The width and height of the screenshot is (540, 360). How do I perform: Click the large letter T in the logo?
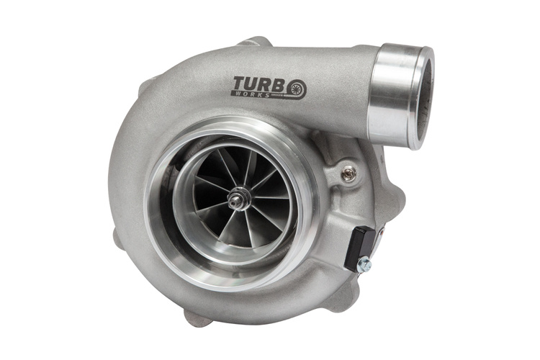point(241,84)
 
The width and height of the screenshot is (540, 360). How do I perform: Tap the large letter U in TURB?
point(256,84)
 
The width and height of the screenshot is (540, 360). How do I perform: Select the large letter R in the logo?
point(270,85)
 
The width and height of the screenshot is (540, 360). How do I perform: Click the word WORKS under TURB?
point(250,94)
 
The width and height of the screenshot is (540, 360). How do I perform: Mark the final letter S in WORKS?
point(266,96)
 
